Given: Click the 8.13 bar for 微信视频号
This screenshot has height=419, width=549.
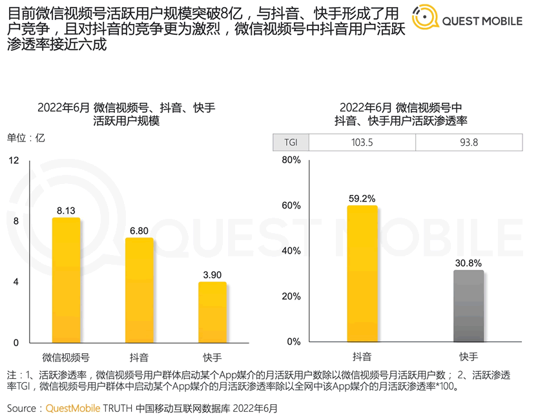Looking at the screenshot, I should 66,280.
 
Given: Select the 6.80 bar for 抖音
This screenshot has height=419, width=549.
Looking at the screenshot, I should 139,290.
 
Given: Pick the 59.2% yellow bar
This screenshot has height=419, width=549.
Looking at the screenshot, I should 362,274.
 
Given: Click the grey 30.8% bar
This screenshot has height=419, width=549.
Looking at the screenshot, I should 468,306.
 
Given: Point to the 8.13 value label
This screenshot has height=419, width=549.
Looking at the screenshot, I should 66,210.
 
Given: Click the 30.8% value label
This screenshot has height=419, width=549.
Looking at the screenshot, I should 468,263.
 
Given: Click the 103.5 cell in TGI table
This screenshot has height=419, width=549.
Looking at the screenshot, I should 362,143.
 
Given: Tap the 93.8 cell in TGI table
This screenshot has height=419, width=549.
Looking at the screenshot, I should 468,143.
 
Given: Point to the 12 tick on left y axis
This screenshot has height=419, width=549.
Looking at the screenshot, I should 14,160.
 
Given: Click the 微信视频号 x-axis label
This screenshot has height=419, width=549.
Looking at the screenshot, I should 66,357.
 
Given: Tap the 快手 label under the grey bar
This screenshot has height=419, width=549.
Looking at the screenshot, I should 468,357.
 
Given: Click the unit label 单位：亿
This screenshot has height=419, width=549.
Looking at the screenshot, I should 26,138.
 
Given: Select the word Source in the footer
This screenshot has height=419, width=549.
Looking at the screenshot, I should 21,408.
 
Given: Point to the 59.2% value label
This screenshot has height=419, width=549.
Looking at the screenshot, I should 362,198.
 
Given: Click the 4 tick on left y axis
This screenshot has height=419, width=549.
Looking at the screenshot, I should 16,281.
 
